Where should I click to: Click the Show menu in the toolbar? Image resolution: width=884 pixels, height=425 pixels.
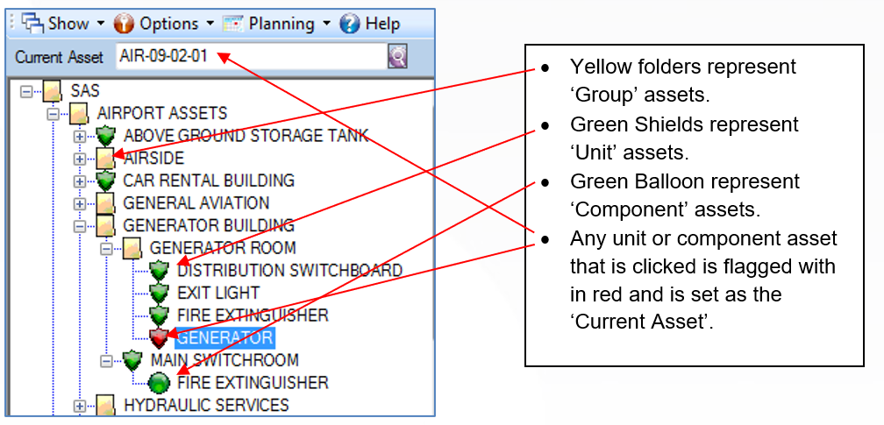click(63, 24)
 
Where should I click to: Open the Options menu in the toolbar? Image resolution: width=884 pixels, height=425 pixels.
click(164, 24)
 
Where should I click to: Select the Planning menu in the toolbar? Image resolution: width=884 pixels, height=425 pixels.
click(277, 24)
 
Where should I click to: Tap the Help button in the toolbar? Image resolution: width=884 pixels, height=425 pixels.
click(370, 24)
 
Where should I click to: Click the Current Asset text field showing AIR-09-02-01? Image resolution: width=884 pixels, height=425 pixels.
click(250, 56)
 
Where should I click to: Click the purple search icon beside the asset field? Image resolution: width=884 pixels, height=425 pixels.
click(397, 56)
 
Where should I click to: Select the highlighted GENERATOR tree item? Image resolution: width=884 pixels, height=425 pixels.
click(225, 337)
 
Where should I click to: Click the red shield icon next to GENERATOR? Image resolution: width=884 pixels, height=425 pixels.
click(160, 338)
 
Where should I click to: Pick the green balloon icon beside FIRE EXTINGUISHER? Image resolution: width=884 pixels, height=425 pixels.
click(160, 383)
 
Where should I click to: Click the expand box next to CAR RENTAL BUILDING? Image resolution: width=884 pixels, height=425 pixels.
click(80, 181)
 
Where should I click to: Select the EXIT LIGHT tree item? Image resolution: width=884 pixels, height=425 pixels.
click(218, 293)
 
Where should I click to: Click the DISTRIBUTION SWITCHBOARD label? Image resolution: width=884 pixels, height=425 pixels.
click(289, 270)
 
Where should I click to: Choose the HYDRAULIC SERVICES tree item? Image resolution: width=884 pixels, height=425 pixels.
click(206, 405)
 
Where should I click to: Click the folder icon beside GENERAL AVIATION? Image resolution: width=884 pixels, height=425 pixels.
click(105, 203)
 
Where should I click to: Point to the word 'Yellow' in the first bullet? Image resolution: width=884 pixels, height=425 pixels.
click(601, 67)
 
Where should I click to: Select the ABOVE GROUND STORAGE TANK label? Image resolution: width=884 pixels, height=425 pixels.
click(246, 135)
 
